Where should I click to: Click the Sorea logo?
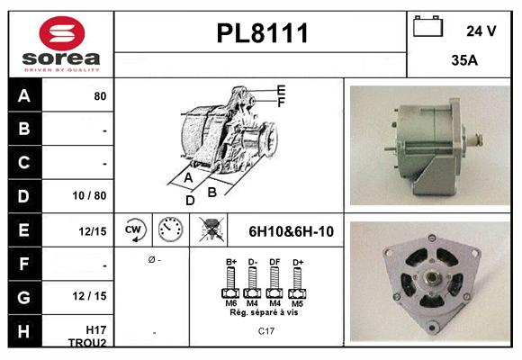click(x=60, y=43)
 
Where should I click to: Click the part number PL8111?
click(x=263, y=34)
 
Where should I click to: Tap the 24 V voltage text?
click(x=481, y=31)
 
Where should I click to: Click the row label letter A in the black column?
click(x=23, y=95)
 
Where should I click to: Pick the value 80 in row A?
click(x=100, y=95)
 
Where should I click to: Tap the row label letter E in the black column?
click(x=23, y=230)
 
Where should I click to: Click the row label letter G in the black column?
click(x=23, y=296)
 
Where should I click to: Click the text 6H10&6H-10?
click(x=291, y=231)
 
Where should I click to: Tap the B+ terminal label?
click(x=230, y=262)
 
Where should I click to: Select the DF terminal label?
click(x=274, y=262)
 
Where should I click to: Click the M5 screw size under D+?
click(x=296, y=303)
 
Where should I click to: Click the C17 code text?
click(x=266, y=331)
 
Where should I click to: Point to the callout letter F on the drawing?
click(x=282, y=102)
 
